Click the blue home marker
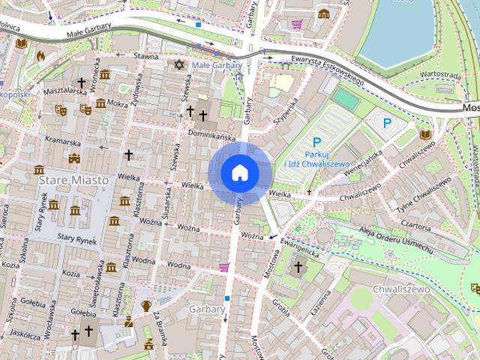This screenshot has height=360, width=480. (x=240, y=173)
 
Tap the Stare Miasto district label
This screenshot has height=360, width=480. (x=72, y=180)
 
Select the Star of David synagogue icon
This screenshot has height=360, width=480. (x=178, y=64)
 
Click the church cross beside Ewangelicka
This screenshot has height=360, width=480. (x=298, y=267)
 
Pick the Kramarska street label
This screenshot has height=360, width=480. (x=61, y=140)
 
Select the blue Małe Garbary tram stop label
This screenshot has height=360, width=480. (x=216, y=65)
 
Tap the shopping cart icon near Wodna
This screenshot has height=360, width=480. (x=223, y=266)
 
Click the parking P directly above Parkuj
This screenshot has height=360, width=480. (x=316, y=141)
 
